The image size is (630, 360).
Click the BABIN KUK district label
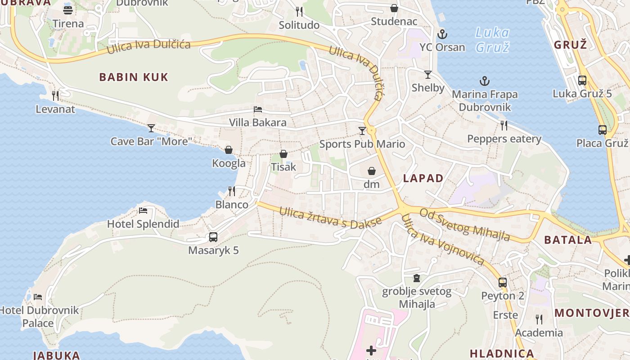tap(134, 77)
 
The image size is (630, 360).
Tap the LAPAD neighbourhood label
tap(423, 178)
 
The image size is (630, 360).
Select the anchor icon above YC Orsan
tap(442, 34)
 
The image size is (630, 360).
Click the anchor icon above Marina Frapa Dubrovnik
tap(485, 81)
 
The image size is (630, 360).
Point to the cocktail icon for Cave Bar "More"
tap(151, 128)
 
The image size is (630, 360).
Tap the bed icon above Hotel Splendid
tap(143, 211)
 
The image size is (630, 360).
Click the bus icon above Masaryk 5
tap(213, 237)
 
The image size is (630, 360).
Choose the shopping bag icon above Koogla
tap(229, 150)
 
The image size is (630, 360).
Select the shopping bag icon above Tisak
tap(283, 154)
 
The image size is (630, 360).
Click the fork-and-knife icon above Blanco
tap(232, 191)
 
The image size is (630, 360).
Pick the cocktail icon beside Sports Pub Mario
tap(362, 131)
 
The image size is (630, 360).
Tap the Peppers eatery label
tap(504, 139)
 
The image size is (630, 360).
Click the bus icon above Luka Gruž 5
tap(582, 81)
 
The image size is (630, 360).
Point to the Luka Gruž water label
tap(492, 40)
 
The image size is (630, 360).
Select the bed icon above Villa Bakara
tap(258, 109)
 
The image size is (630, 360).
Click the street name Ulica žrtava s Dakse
tap(330, 217)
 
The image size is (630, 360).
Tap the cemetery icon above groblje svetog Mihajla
tap(417, 278)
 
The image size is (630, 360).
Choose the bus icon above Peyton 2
tap(503, 283)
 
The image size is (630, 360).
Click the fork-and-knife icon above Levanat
tap(55, 96)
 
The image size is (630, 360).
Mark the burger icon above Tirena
tap(68, 10)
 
